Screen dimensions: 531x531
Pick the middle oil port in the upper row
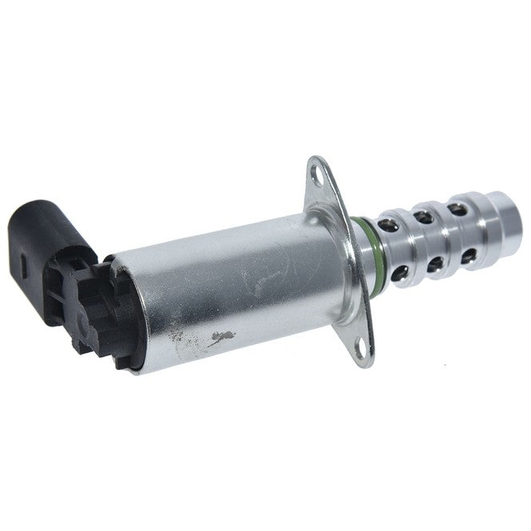(x=423, y=214)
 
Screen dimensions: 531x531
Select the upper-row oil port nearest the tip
(x=457, y=209)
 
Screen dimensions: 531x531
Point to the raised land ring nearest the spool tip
(x=477, y=228)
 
